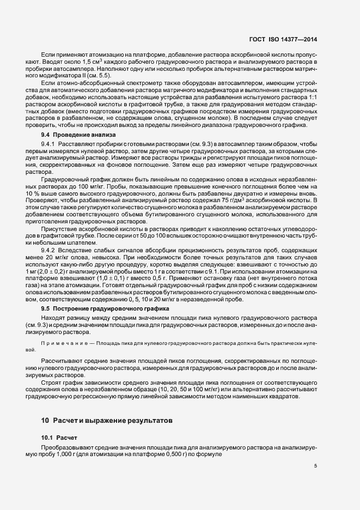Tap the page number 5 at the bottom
pyautogui.click(x=316, y=466)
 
